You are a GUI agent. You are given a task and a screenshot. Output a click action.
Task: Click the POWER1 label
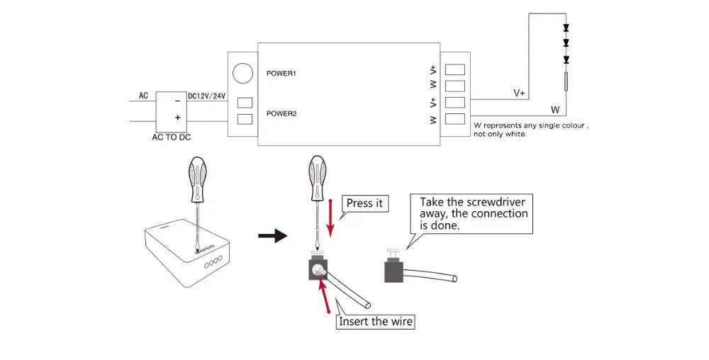pyautogui.click(x=280, y=74)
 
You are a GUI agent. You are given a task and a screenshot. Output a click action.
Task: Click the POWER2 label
pyautogui.click(x=280, y=113)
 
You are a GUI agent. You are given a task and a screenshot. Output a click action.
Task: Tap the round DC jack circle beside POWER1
pyautogui.click(x=243, y=73)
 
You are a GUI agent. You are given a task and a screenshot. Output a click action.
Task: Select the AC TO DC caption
pyautogui.click(x=172, y=137)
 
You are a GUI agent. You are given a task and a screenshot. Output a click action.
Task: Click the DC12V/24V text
pyautogui.click(x=206, y=96)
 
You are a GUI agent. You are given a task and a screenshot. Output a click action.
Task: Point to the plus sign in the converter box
pyautogui.click(x=177, y=118)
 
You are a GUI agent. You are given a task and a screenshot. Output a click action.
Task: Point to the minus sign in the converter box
pyautogui.click(x=177, y=101)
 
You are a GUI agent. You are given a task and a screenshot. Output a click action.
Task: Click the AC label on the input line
pyautogui.click(x=143, y=95)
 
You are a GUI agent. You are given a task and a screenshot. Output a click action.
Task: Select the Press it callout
pyautogui.click(x=364, y=203)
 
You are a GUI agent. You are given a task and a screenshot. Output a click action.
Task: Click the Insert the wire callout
pyautogui.click(x=376, y=322)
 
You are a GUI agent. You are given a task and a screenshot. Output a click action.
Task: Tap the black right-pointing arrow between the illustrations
pyautogui.click(x=271, y=236)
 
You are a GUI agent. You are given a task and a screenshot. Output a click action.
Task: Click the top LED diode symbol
pyautogui.click(x=566, y=29)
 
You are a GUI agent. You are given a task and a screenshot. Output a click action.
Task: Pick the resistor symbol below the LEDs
pyautogui.click(x=566, y=81)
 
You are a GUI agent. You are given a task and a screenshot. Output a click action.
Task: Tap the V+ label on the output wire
pyautogui.click(x=519, y=93)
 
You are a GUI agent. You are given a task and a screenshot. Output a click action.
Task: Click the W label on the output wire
pyautogui.click(x=555, y=110)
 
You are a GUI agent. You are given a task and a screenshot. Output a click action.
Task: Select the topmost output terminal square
pyautogui.click(x=455, y=69)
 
